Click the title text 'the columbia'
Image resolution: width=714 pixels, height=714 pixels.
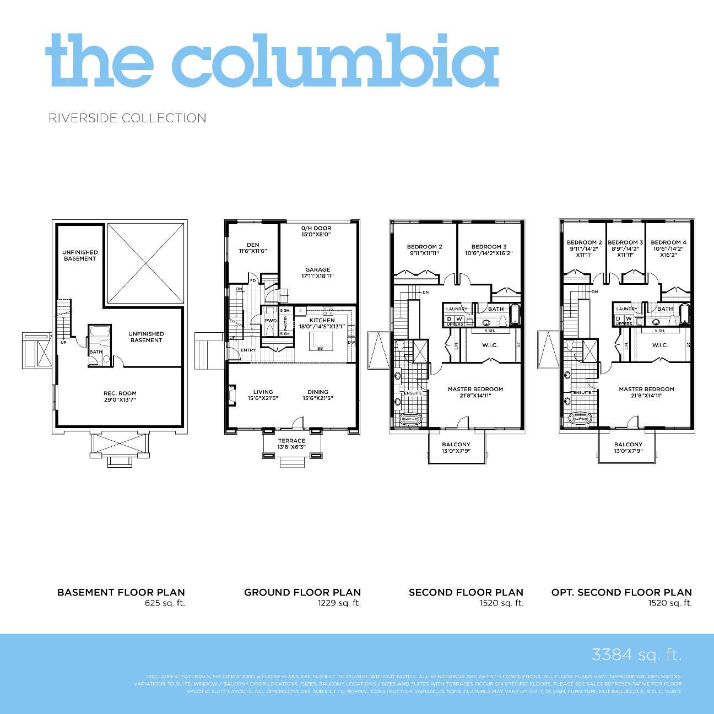pyautogui.click(x=272, y=61)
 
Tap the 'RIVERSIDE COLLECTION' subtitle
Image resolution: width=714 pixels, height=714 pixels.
pyautogui.click(x=127, y=118)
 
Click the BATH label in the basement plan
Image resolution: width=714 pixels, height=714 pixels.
pyautogui.click(x=96, y=352)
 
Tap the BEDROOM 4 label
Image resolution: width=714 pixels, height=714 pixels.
pyautogui.click(x=668, y=242)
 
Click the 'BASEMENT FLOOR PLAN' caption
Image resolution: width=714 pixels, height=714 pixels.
pyautogui.click(x=121, y=592)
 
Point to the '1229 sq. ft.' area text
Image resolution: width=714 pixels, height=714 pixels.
pyautogui.click(x=339, y=603)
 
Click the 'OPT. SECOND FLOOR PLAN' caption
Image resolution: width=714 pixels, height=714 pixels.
pyautogui.click(x=621, y=592)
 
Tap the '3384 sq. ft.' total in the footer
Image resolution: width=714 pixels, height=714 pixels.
pyautogui.click(x=636, y=654)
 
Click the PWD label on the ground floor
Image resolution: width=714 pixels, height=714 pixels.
pyautogui.click(x=271, y=321)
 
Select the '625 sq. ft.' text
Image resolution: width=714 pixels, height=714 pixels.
pyautogui.click(x=165, y=603)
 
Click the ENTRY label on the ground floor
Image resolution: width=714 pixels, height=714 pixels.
pyautogui.click(x=248, y=350)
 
